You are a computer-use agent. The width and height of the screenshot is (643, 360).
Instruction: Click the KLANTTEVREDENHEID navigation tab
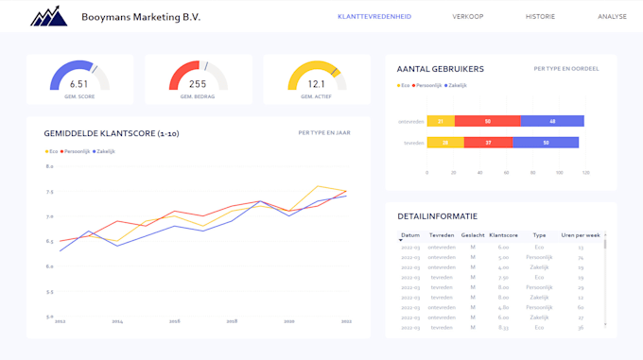[374, 17]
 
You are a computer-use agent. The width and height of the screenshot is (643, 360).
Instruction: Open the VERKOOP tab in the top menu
[468, 17]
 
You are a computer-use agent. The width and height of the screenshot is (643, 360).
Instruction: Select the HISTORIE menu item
[540, 17]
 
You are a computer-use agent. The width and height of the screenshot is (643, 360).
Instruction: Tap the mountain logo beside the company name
[48, 17]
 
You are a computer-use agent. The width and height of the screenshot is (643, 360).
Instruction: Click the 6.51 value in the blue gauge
[79, 84]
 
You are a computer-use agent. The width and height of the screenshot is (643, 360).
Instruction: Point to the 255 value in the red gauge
[198, 84]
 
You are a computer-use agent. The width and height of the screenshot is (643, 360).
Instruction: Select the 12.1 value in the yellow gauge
[316, 84]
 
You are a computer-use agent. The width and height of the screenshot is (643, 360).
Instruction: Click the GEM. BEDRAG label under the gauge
[198, 96]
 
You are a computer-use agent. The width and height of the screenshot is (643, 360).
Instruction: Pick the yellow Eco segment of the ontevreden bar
[441, 121]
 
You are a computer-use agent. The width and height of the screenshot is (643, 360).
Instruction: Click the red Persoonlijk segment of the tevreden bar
[490, 143]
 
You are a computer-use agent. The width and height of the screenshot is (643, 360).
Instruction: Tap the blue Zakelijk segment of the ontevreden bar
[552, 121]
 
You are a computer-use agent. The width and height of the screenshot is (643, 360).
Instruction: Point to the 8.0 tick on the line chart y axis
[50, 166]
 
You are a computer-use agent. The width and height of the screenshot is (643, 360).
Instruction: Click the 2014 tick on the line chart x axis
[117, 321]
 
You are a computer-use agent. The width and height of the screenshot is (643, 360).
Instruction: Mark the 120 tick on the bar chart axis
[585, 173]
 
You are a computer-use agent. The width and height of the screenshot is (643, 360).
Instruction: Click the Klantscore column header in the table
[504, 235]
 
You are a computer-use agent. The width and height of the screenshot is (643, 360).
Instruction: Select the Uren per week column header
[581, 235]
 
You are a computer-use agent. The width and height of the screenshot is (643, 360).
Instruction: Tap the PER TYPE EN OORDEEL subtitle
[565, 69]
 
